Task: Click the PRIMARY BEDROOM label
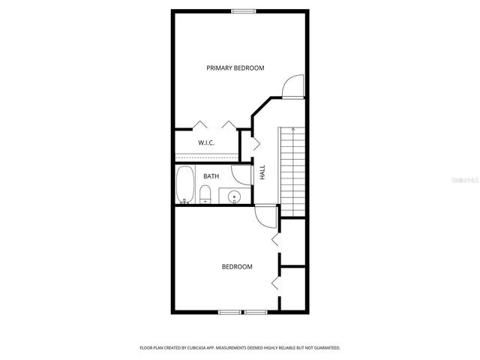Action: tap(235, 68)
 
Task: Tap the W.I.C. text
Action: tap(207, 142)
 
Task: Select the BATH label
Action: tap(211, 176)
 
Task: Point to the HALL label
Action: tap(262, 172)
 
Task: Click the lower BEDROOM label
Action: tap(236, 266)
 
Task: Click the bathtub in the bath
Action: tap(184, 185)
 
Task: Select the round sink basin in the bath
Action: tap(234, 198)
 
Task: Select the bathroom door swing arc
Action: tap(241, 176)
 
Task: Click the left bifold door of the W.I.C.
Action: tap(200, 124)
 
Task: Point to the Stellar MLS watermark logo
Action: tap(459, 180)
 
